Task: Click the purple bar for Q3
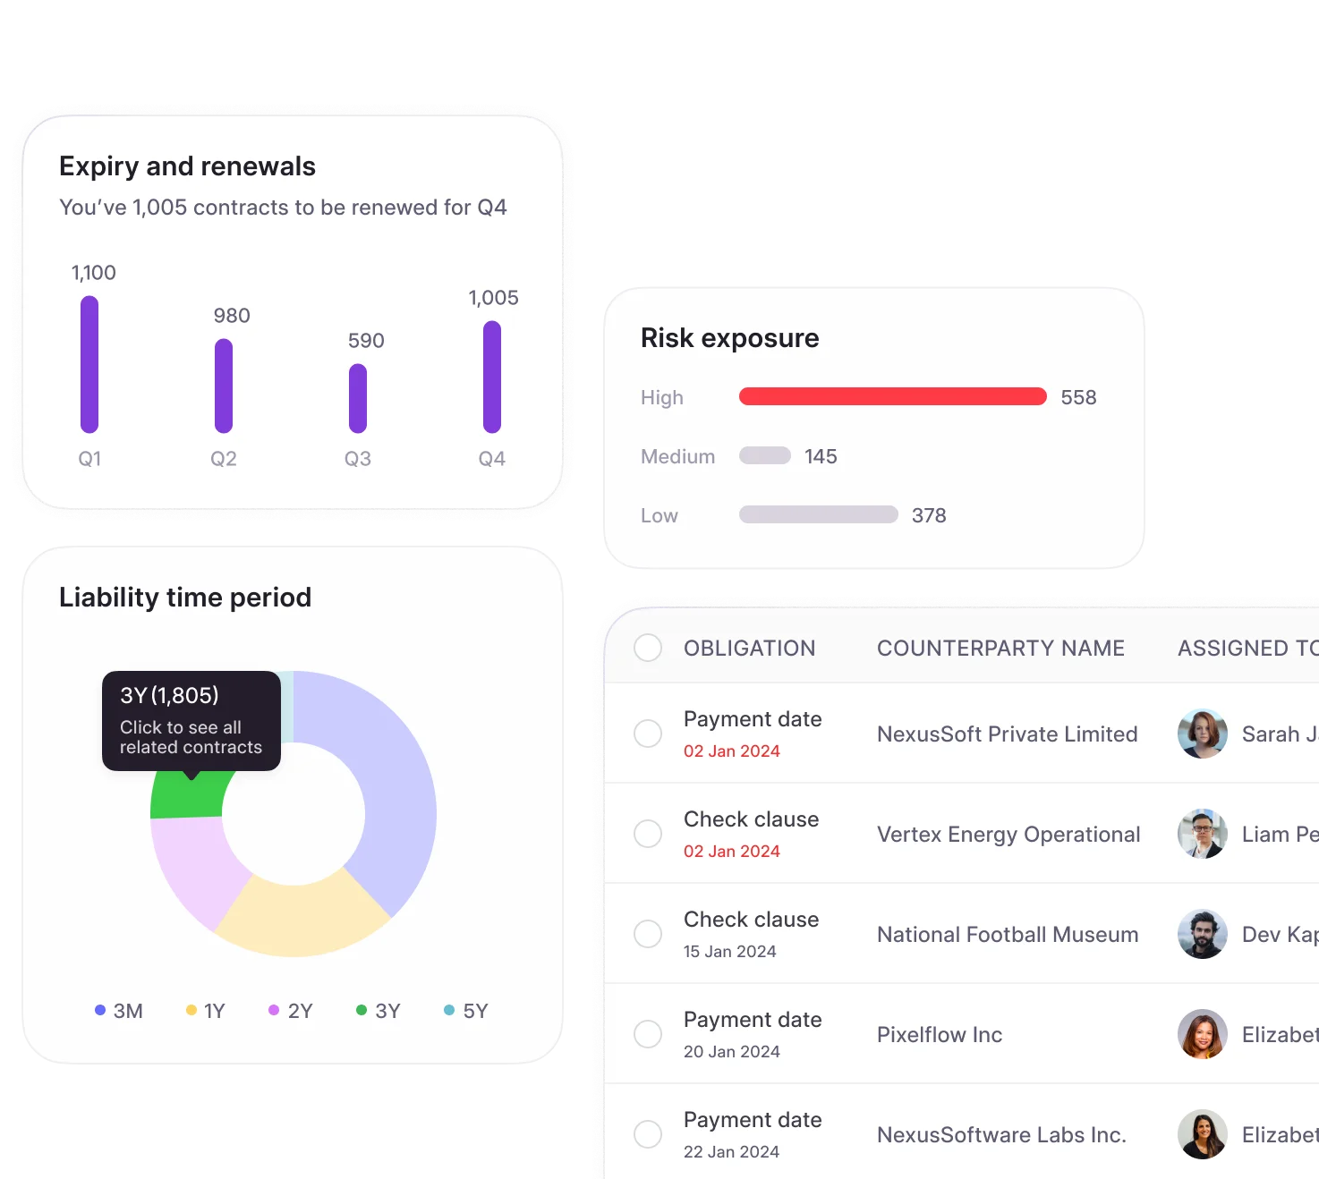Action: tap(358, 398)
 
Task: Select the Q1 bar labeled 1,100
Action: tap(89, 364)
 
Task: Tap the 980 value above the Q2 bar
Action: tap(232, 316)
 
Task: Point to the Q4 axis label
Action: tap(491, 459)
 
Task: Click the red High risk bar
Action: tap(892, 396)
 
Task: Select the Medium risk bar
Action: tap(764, 456)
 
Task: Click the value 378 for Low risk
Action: tap(929, 515)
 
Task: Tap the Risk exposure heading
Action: tap(729, 338)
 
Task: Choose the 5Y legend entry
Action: tap(466, 1011)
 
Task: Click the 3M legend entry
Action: tap(119, 1011)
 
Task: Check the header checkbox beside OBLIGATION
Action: tap(648, 648)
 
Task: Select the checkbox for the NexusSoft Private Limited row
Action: tap(648, 734)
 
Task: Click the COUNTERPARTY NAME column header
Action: tap(1000, 649)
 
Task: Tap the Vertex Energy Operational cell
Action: tap(1008, 835)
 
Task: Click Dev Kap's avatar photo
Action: tap(1202, 934)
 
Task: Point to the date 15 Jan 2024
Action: tap(729, 952)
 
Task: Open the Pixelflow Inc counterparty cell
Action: tap(940, 1035)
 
